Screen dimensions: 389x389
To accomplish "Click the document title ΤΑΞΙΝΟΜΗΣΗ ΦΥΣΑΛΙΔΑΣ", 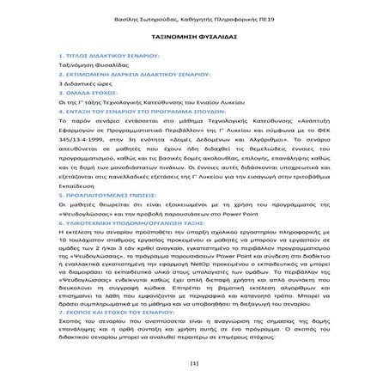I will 194,39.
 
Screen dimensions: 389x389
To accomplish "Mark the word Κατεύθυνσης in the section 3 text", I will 184,106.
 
